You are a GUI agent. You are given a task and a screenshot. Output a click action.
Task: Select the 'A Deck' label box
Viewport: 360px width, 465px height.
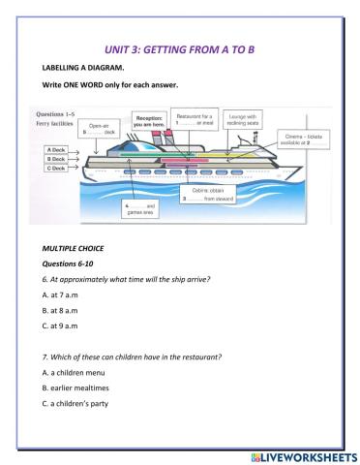[x=54, y=152]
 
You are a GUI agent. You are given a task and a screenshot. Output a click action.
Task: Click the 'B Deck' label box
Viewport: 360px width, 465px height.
[x=54, y=160]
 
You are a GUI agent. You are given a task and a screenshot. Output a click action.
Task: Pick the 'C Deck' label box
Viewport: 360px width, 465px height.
[x=54, y=169]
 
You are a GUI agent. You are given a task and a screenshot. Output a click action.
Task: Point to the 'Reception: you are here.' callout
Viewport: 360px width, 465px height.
[x=148, y=119]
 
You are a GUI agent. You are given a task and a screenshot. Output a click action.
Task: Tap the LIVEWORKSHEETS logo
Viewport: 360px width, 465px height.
[x=300, y=454]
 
